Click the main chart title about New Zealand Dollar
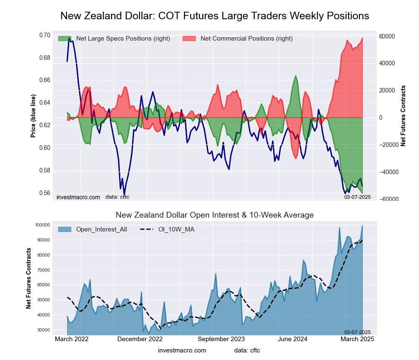[x=215, y=16]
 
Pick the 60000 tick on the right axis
[x=389, y=36]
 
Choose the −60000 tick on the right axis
[x=388, y=199]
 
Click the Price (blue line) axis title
[x=33, y=116]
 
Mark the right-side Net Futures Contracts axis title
[x=403, y=116]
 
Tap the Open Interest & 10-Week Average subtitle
[x=215, y=215]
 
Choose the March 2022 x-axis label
[x=72, y=339]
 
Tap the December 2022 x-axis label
[x=140, y=339]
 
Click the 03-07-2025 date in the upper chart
[x=357, y=197]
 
